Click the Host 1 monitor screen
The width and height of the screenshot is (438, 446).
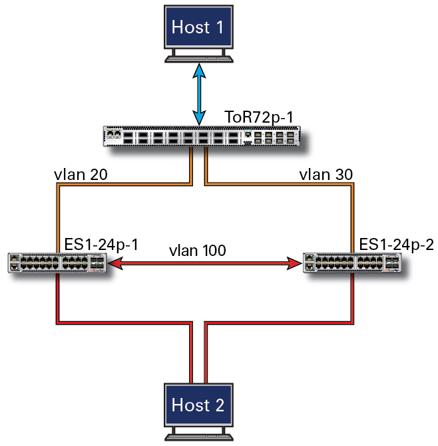point(198,27)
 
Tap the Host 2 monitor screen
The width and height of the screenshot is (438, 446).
point(198,405)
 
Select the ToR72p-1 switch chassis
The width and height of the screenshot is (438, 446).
point(202,136)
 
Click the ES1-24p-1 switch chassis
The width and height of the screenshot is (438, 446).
point(57,263)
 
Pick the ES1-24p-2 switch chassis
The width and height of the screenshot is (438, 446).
point(352,263)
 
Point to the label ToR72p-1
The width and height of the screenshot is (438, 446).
point(259,117)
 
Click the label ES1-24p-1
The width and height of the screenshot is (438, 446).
point(101,244)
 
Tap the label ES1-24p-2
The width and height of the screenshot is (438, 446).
point(397,244)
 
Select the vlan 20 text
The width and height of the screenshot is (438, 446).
point(81,175)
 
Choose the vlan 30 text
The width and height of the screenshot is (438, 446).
point(326,175)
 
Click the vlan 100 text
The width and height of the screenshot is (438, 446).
point(198,251)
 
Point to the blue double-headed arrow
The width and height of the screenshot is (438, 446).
point(199,94)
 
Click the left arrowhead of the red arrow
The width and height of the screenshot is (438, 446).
point(116,263)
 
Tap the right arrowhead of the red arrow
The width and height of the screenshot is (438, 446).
point(294,263)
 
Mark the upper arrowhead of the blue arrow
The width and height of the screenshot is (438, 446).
point(199,71)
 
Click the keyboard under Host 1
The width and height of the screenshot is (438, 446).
point(199,59)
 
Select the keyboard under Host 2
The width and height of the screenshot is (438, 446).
point(199,437)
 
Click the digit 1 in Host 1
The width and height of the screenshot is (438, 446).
point(220,27)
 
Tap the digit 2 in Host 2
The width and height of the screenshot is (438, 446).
point(220,405)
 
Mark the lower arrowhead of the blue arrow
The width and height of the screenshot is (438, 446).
point(199,118)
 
